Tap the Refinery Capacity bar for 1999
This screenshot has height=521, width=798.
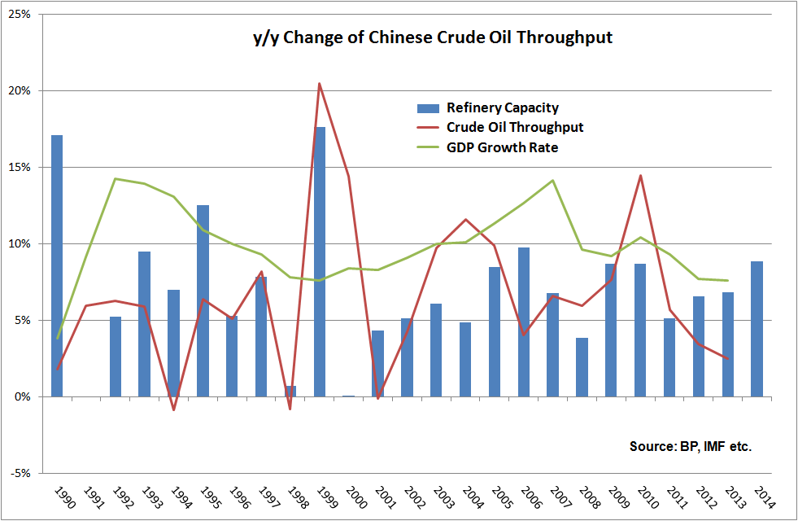[x=320, y=261]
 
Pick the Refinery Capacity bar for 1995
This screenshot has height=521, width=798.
[x=203, y=300]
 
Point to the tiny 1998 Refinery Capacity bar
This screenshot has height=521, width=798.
[x=290, y=392]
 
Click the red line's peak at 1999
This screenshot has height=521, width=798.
[x=320, y=84]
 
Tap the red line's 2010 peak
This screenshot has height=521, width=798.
[x=641, y=175]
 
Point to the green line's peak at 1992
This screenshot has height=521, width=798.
[x=116, y=178]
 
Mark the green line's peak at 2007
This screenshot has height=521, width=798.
[x=553, y=181]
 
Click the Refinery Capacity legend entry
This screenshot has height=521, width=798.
[x=502, y=107]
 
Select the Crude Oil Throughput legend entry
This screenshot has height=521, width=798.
[x=514, y=127]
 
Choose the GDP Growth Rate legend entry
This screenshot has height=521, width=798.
[x=501, y=147]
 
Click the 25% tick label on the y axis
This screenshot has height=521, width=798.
[x=20, y=15]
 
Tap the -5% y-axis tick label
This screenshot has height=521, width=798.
[x=20, y=473]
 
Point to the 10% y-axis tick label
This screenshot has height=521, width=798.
[x=20, y=244]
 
